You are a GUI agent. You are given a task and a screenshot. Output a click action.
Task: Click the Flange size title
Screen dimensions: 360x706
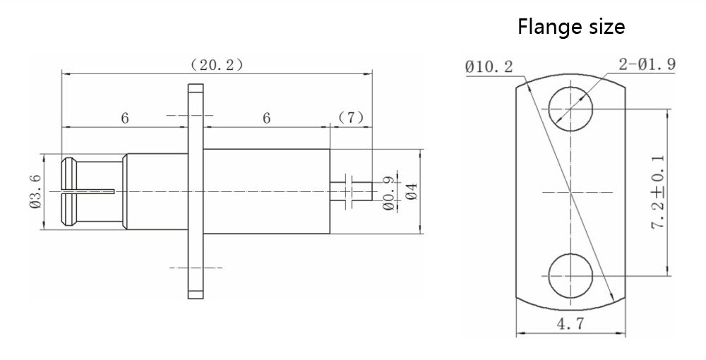point(571,28)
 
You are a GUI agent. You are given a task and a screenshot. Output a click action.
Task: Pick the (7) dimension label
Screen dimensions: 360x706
point(351,118)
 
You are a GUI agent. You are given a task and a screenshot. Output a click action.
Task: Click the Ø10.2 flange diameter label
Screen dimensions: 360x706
point(490,67)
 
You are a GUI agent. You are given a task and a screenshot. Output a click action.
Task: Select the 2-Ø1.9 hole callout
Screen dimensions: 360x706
point(647,64)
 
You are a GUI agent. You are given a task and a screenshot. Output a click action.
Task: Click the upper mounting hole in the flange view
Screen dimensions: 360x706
point(570,109)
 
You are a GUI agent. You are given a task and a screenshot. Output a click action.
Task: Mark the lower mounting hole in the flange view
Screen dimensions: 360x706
point(570,275)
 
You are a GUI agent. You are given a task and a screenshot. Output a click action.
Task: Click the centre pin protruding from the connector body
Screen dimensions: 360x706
point(351,191)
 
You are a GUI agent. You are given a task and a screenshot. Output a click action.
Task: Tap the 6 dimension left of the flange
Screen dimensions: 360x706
point(124,118)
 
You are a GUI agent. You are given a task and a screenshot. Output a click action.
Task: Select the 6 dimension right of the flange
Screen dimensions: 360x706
point(267,118)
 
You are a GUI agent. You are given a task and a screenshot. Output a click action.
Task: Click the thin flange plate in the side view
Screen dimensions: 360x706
point(196,191)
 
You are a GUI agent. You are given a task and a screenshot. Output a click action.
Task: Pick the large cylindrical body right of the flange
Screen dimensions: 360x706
point(268,191)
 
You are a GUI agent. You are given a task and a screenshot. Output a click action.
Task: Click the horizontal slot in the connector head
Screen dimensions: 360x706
point(88,191)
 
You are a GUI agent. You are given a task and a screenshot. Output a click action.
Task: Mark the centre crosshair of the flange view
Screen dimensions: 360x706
point(570,192)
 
